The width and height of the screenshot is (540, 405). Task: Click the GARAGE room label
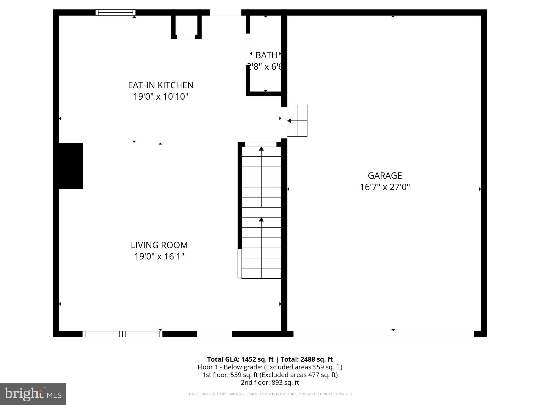coord(385,176)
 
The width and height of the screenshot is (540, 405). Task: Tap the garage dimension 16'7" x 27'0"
coord(385,187)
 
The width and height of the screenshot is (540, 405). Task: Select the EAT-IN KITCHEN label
coord(161,85)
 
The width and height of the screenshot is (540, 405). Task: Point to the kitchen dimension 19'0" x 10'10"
coord(161,97)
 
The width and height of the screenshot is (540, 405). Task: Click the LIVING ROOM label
coord(159,245)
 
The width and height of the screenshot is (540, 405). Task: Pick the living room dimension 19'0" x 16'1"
coord(159,256)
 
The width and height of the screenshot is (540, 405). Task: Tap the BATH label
coord(266,55)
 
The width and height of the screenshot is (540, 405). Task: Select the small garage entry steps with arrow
coord(297,121)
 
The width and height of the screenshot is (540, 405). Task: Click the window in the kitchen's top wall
coord(115,12)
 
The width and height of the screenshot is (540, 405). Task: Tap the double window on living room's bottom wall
coord(122,334)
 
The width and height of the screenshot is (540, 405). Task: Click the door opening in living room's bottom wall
coord(214,334)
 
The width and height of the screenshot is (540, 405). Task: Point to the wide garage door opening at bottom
coord(384,334)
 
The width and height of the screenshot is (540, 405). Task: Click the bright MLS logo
coord(33,394)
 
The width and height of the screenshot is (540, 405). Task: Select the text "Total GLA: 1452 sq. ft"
coord(240,359)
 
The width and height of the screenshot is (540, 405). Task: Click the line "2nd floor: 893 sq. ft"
coord(270,382)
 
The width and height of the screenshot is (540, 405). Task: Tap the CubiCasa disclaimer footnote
coord(270,394)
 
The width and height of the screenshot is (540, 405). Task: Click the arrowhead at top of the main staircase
coord(261,149)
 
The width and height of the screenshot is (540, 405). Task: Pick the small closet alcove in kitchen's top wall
coord(186,26)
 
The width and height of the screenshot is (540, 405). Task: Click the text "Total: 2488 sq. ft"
coord(306,359)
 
